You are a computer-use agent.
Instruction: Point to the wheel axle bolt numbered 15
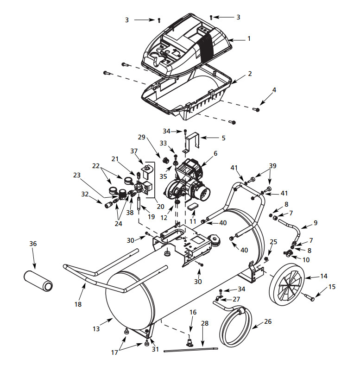click(x=309, y=296)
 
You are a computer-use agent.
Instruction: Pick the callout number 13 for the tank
click(x=96, y=329)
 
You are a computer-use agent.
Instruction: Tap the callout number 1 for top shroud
click(x=249, y=39)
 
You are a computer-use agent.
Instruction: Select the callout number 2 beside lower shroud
click(x=250, y=74)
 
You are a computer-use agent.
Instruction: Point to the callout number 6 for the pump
click(x=215, y=153)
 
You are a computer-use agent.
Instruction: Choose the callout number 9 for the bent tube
click(x=316, y=222)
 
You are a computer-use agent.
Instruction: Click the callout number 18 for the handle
click(x=78, y=304)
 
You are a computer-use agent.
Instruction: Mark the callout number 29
click(x=142, y=137)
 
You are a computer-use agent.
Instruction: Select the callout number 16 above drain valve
click(x=193, y=313)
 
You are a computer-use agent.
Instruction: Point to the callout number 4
click(x=274, y=89)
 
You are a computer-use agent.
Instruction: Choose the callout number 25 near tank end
click(x=273, y=241)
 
